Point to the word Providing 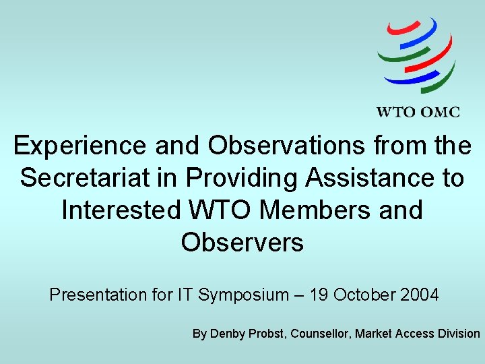pyautogui.click(x=244, y=177)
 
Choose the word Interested pyautogui.click(x=121, y=210)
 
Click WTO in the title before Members pyautogui.click(x=220, y=210)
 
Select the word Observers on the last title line pyautogui.click(x=242, y=242)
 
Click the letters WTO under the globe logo pyautogui.click(x=395, y=112)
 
